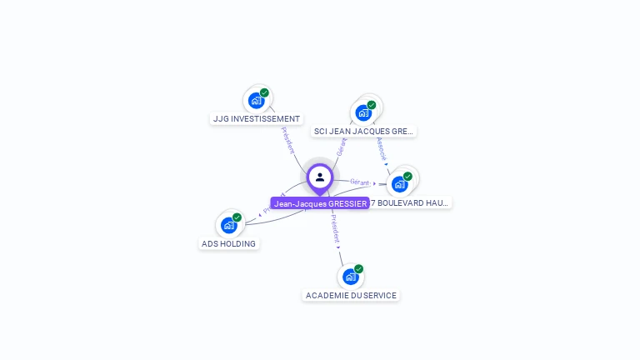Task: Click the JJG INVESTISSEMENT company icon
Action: [x=257, y=101]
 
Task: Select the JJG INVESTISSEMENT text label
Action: [x=257, y=119]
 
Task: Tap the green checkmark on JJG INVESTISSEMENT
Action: [x=264, y=92]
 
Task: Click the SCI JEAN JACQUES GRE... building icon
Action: [x=363, y=112]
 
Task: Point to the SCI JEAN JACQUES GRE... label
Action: [x=363, y=132]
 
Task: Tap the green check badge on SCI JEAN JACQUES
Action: [x=372, y=105]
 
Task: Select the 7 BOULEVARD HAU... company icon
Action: [x=400, y=184]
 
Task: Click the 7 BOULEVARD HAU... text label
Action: [x=409, y=202]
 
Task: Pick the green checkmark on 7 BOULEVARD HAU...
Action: [x=407, y=176]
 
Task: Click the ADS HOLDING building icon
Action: [x=229, y=225]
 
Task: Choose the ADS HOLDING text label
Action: [x=229, y=244]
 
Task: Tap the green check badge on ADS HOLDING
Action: [x=237, y=217]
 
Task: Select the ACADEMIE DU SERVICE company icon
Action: [x=351, y=277]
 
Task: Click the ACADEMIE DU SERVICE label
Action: [x=351, y=296]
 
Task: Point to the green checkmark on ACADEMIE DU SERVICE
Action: [x=358, y=269]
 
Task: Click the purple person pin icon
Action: [x=320, y=177]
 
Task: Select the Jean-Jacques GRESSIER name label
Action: [x=320, y=203]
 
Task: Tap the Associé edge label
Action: [x=382, y=149]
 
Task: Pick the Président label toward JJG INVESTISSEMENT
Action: [x=287, y=139]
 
